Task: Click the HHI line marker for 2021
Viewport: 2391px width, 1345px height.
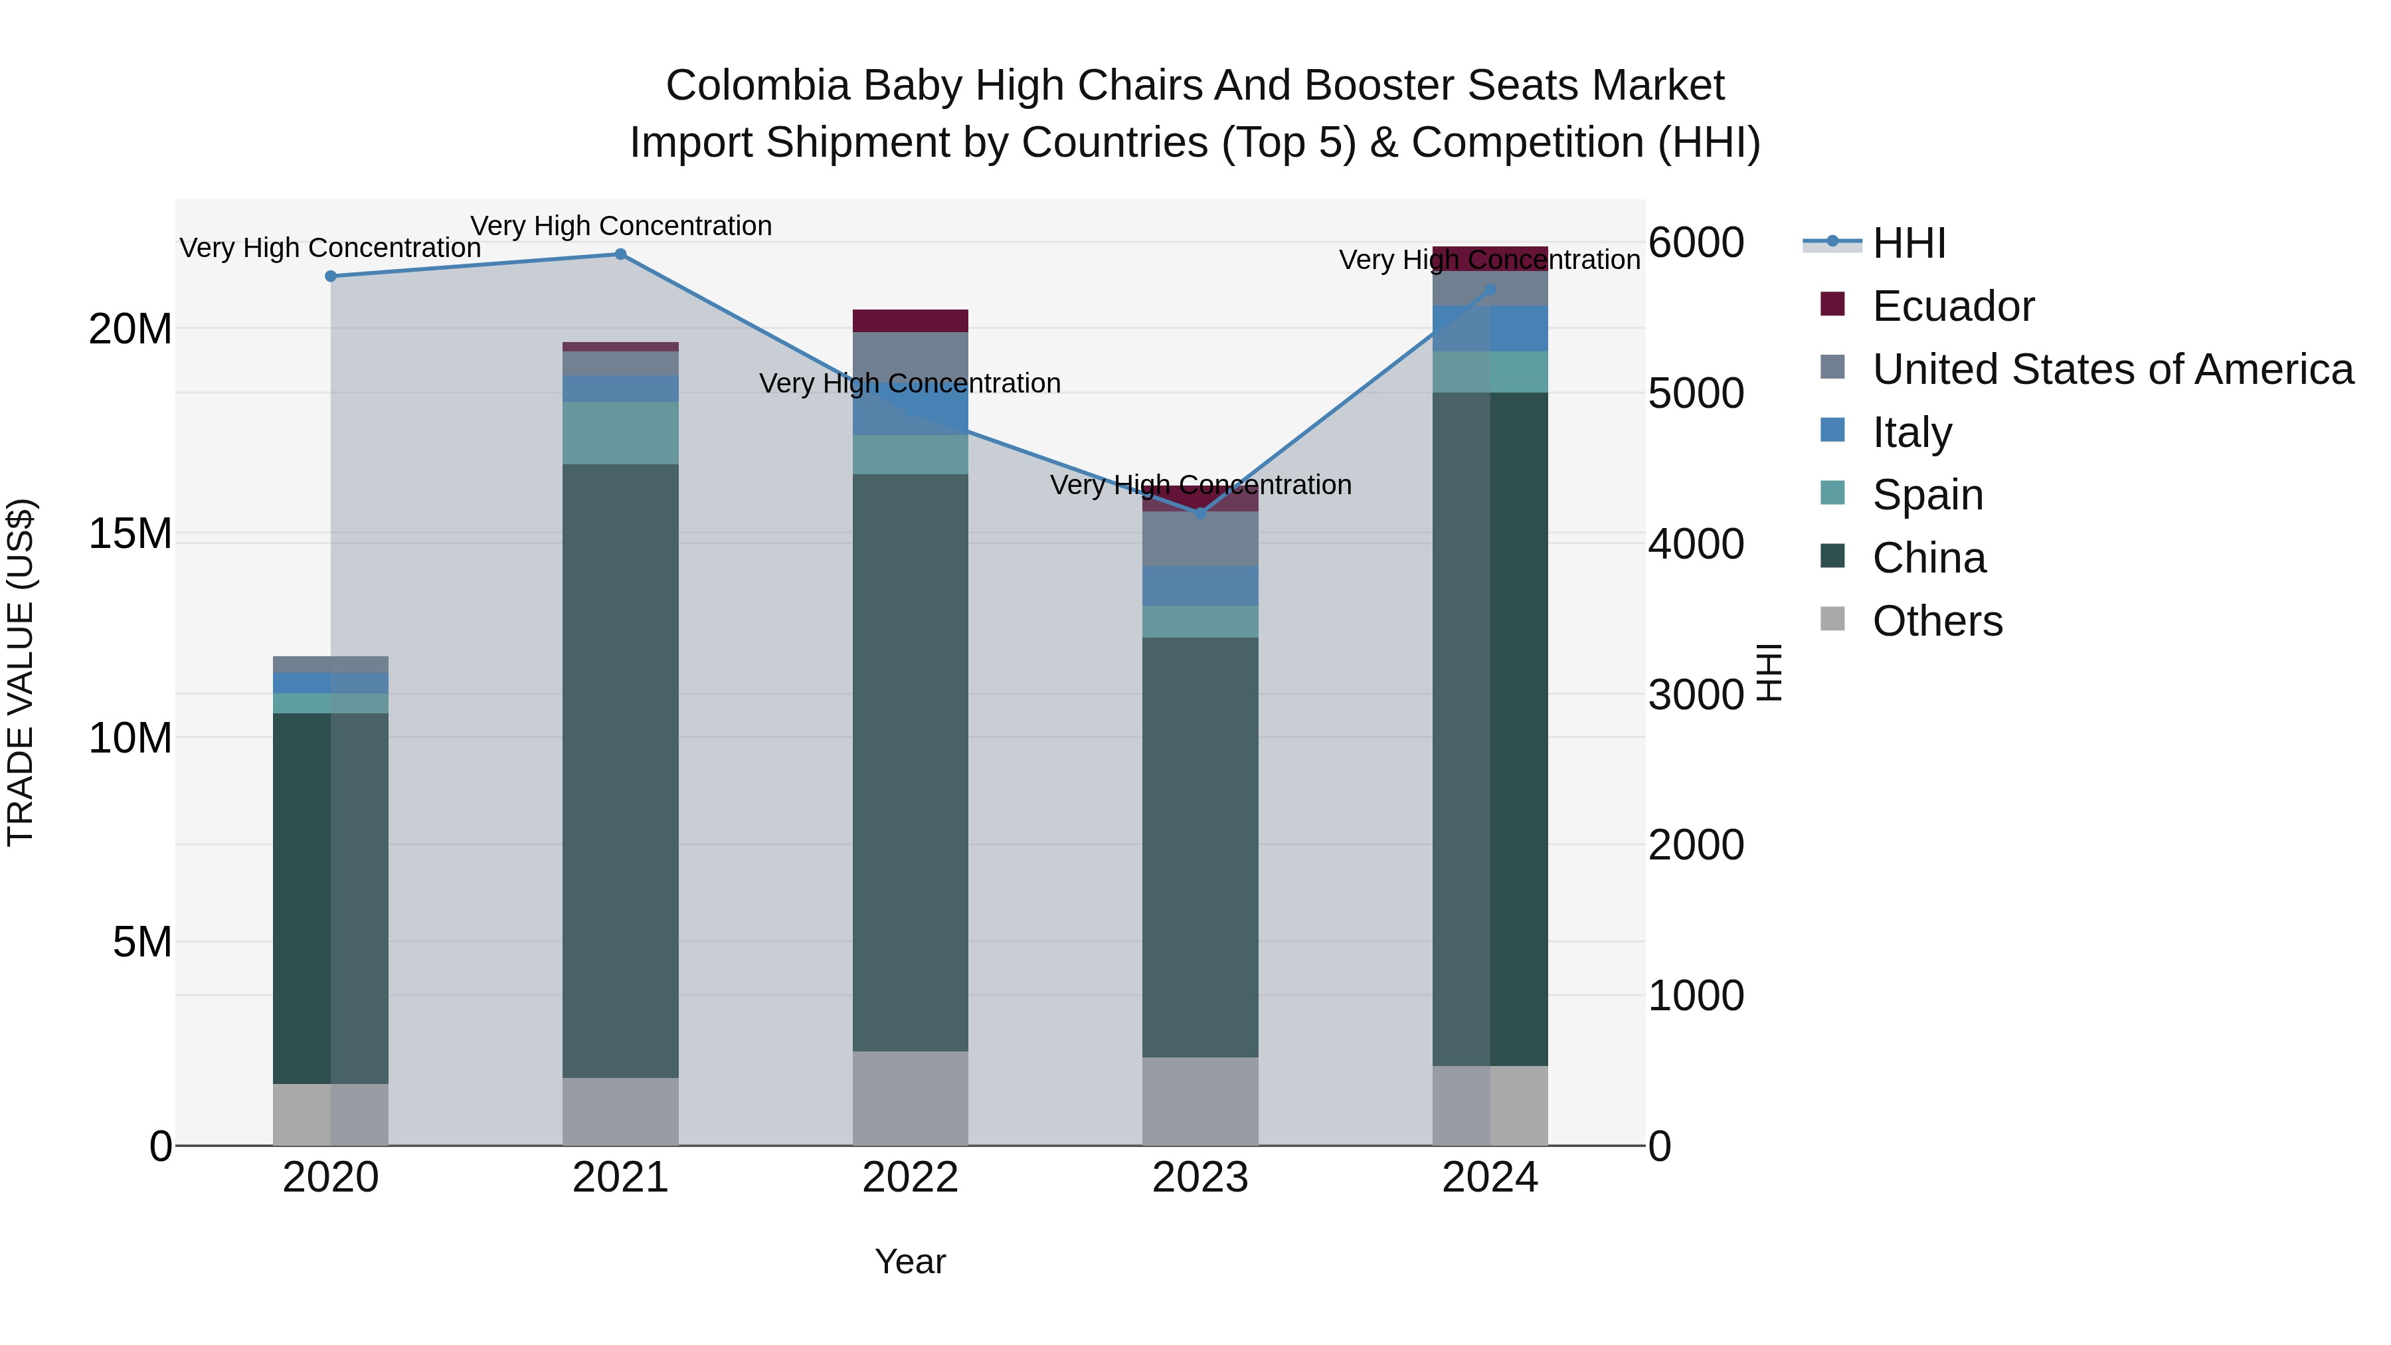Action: coord(620,254)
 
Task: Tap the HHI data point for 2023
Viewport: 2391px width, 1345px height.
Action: coord(1200,513)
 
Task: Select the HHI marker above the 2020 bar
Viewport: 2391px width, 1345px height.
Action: coord(331,276)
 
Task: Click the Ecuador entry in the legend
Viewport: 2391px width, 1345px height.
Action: coord(1952,306)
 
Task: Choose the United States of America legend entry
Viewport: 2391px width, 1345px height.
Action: coord(2111,369)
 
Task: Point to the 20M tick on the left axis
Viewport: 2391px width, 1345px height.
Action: coord(130,329)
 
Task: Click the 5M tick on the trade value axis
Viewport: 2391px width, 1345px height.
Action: coord(142,942)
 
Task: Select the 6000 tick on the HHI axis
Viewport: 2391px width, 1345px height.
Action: coord(1695,243)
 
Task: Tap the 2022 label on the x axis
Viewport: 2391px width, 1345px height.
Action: coord(910,1178)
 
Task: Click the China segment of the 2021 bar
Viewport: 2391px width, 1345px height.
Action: coord(620,770)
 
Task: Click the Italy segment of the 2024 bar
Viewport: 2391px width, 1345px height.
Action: coord(1490,329)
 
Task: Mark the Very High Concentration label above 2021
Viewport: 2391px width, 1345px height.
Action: coord(621,226)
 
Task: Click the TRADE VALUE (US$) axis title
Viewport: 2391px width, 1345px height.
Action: coord(21,672)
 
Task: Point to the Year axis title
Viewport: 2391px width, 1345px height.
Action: coord(910,1261)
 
